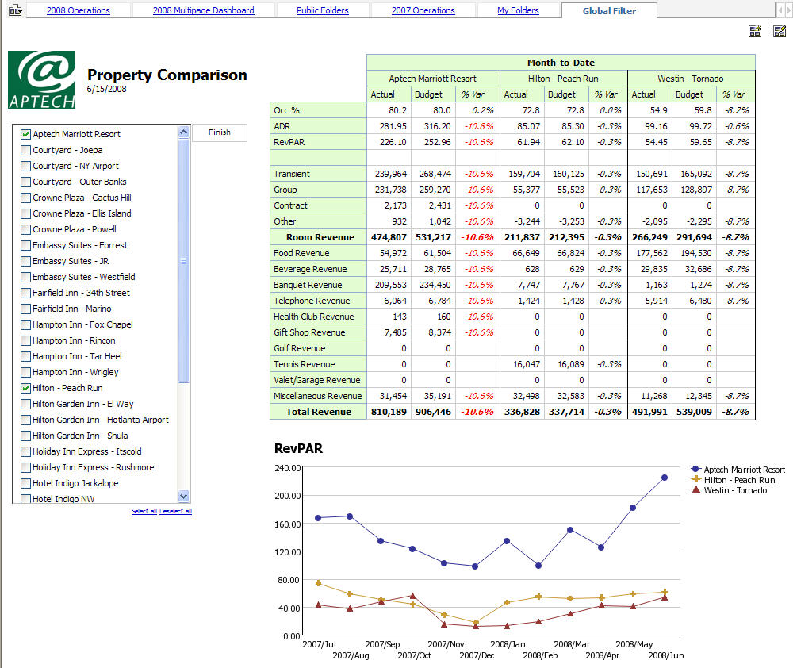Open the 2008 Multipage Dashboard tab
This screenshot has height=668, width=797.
click(x=204, y=10)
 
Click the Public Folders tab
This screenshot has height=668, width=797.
click(x=322, y=10)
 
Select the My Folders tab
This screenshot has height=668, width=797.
click(x=518, y=10)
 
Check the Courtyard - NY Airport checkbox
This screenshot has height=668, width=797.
click(x=26, y=166)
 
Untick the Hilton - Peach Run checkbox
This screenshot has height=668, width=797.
click(x=26, y=388)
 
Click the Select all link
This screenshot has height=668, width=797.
click(x=144, y=512)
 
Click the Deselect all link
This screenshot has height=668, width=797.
click(x=175, y=512)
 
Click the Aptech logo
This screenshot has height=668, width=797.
click(x=41, y=79)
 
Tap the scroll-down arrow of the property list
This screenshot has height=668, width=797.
click(x=184, y=496)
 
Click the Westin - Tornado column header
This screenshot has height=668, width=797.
click(x=691, y=79)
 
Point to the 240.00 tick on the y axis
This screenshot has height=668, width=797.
click(x=285, y=468)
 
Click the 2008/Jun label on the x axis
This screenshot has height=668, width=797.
click(x=665, y=655)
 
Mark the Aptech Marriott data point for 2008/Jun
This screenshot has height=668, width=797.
click(x=665, y=478)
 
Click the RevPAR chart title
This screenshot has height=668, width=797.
click(x=298, y=448)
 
